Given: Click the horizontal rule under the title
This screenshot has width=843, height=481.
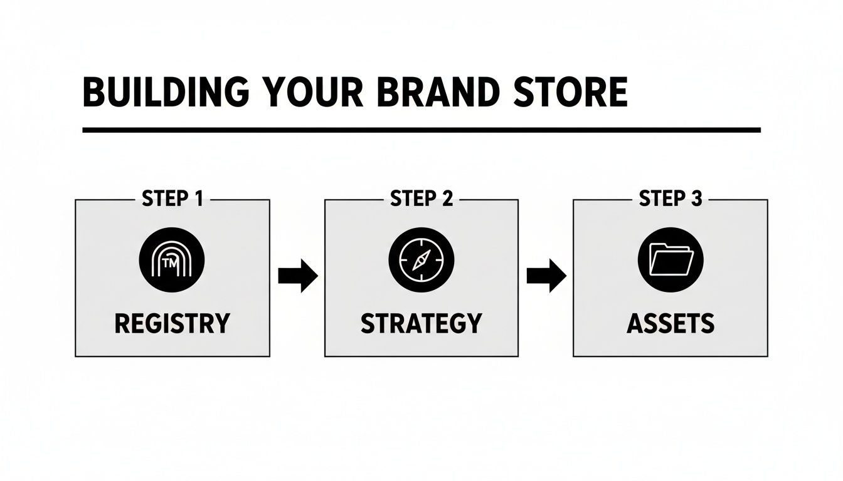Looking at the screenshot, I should click(x=422, y=130).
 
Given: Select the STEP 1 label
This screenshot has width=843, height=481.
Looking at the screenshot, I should click(x=172, y=199).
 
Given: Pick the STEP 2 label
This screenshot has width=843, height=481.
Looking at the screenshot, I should click(x=422, y=199).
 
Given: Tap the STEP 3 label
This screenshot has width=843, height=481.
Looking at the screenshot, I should click(x=670, y=199).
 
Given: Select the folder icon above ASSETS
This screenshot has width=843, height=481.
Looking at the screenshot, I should click(x=671, y=261).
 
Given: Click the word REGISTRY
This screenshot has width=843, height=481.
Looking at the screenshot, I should click(x=172, y=323).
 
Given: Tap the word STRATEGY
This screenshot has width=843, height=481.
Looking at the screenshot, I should click(x=422, y=323).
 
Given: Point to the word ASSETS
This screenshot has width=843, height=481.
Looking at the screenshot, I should click(x=671, y=323).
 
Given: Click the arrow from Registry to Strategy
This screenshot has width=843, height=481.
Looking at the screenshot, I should click(x=298, y=276).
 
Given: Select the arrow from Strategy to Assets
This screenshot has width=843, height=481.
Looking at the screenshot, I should click(x=546, y=276).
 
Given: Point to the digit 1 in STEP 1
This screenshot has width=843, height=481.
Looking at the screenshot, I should click(x=198, y=199).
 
